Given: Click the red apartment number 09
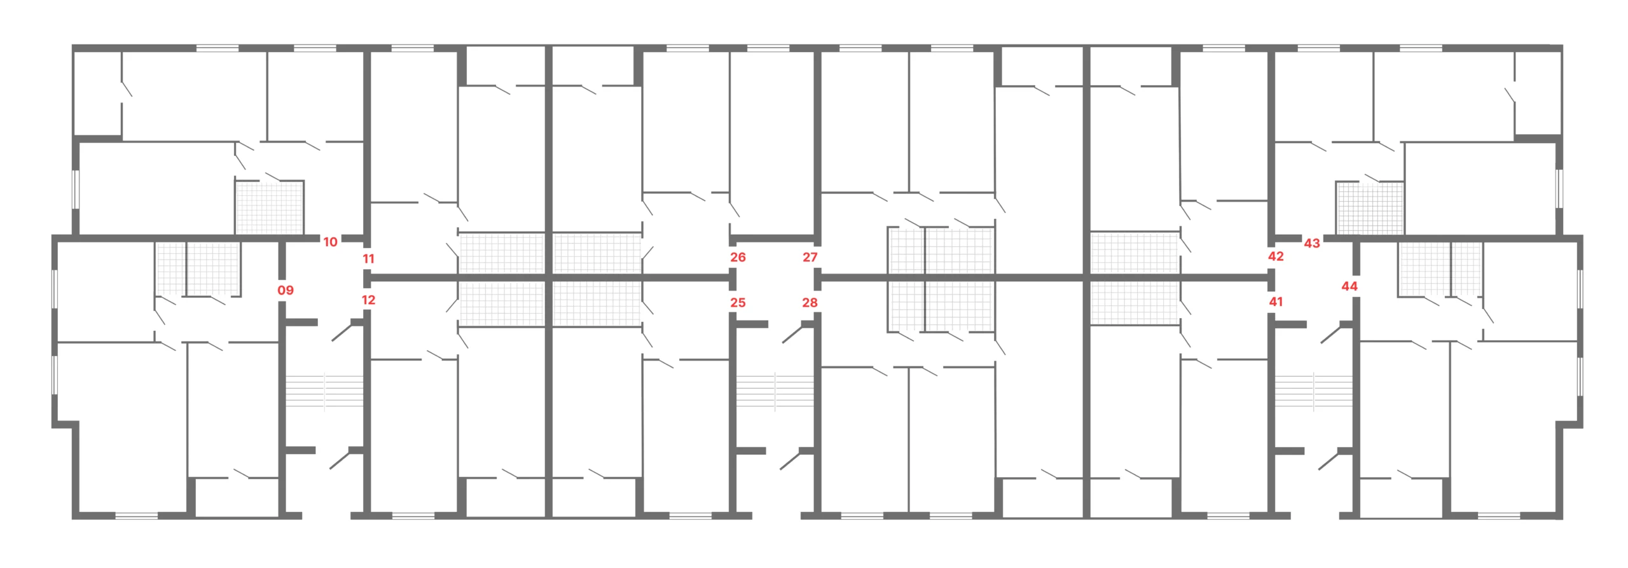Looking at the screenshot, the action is (x=286, y=290).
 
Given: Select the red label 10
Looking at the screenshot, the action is (x=330, y=242).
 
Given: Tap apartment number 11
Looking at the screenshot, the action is (x=368, y=259).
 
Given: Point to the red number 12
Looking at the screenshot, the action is (x=368, y=300).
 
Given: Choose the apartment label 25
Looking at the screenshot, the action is (x=738, y=303).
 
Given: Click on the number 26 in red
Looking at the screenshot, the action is (x=738, y=257).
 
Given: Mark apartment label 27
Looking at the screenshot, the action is (x=810, y=257).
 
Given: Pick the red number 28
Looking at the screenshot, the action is (x=810, y=303).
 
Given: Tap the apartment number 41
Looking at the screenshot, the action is (x=1276, y=302).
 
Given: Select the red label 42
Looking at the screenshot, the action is (x=1276, y=256).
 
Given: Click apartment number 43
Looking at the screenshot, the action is (x=1312, y=243).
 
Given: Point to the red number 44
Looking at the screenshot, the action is (x=1349, y=286).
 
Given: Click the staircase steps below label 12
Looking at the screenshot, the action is (x=324, y=391).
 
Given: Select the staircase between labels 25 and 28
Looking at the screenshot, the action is (x=775, y=391).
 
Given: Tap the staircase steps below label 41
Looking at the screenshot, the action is (x=1313, y=391).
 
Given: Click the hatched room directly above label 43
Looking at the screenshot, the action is (x=1370, y=208).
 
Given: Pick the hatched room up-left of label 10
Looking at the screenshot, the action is (x=270, y=207).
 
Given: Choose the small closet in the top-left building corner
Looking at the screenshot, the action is (x=98, y=93).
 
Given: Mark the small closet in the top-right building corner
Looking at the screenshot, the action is (x=1538, y=93).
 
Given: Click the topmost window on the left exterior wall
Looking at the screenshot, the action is (x=76, y=188).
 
